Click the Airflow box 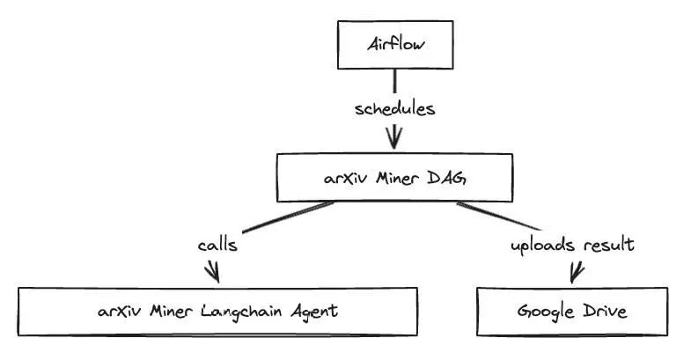coord(394,45)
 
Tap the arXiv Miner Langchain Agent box coord(218,311)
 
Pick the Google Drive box coord(571,311)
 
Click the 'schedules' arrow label coord(395,109)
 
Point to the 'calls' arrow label coord(217,245)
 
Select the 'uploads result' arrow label coord(572,245)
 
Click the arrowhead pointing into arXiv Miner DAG coord(394,139)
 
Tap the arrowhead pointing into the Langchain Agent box coord(212,273)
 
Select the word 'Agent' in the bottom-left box coord(313,312)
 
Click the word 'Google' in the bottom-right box coord(544,312)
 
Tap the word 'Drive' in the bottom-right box coord(605,311)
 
